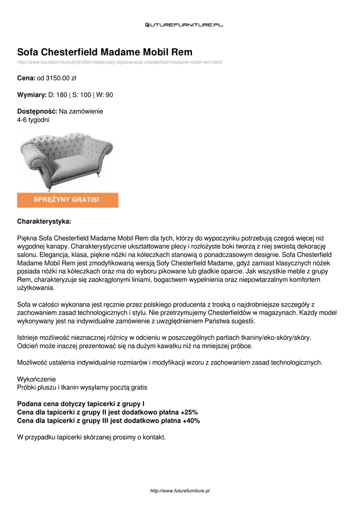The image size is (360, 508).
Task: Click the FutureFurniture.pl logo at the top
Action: (x=184, y=24)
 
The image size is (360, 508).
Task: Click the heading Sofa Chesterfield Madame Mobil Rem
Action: (x=105, y=52)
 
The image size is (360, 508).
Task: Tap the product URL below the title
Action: (x=120, y=62)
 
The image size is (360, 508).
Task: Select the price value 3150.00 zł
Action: (x=61, y=78)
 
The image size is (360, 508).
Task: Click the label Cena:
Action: (x=26, y=78)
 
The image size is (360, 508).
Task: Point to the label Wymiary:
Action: (x=32, y=95)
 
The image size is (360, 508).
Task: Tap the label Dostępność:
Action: (x=37, y=112)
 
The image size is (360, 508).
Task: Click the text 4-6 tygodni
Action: (x=33, y=120)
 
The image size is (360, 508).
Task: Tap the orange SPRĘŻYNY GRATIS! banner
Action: (x=68, y=200)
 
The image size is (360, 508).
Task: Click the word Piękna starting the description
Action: (x=27, y=238)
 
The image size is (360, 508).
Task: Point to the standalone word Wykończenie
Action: (x=36, y=379)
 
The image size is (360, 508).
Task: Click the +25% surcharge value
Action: (x=189, y=412)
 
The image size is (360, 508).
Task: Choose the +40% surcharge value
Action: (x=191, y=421)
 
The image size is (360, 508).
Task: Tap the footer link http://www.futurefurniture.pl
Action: (x=180, y=491)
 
